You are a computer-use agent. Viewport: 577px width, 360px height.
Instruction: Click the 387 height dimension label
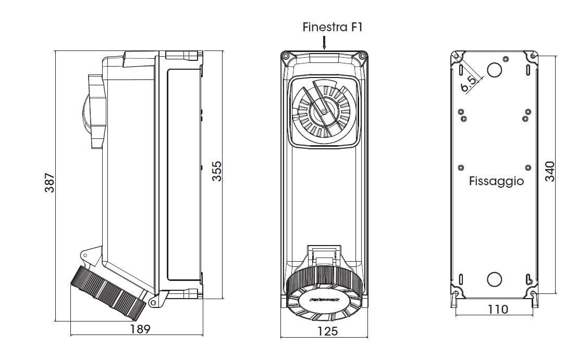(x=50, y=183)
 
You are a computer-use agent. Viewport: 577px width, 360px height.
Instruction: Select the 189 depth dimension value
(x=140, y=329)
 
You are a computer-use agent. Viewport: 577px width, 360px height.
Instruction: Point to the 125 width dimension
(x=327, y=331)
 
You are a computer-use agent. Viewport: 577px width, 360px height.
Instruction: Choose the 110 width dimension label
(x=497, y=310)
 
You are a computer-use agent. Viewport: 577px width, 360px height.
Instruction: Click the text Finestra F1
(x=332, y=28)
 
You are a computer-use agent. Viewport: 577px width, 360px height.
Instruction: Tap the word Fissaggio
(x=496, y=182)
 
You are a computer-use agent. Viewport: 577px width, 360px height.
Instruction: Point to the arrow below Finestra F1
(x=324, y=43)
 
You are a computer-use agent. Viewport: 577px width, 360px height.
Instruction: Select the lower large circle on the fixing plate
(x=494, y=279)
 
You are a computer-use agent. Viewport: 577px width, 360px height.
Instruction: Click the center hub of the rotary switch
(x=323, y=111)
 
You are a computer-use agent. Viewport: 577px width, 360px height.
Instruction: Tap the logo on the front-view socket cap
(x=324, y=300)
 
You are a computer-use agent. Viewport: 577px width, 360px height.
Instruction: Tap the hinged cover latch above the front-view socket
(x=323, y=255)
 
